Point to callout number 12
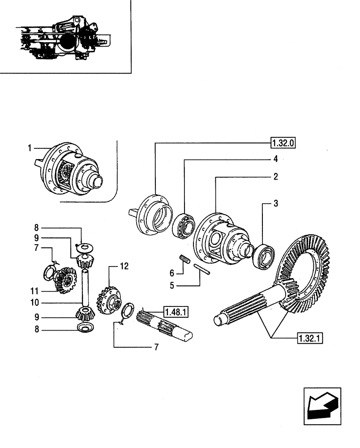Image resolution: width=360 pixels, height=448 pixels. [124, 266]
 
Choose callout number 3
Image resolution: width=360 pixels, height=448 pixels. [276, 203]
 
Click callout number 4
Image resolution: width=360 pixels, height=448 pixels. [276, 159]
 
